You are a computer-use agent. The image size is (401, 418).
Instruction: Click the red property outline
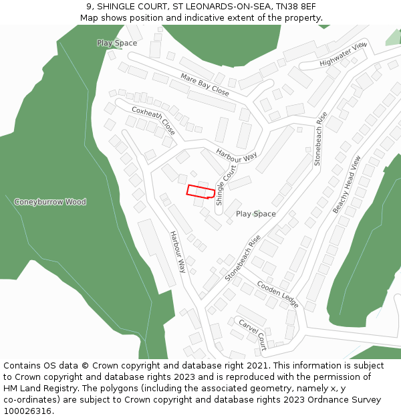(200, 191)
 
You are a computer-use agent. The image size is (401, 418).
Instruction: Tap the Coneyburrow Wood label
(50, 202)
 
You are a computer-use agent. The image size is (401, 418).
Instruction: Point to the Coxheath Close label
(154, 120)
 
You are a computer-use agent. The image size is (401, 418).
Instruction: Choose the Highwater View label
(344, 54)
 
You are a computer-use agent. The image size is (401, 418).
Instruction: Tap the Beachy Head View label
(347, 185)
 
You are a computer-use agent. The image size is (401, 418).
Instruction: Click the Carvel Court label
(253, 334)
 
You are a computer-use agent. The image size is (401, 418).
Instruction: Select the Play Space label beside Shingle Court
(255, 214)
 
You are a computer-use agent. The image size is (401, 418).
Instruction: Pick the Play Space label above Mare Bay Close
(117, 43)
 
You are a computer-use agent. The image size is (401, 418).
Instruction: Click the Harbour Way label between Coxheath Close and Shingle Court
(237, 156)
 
